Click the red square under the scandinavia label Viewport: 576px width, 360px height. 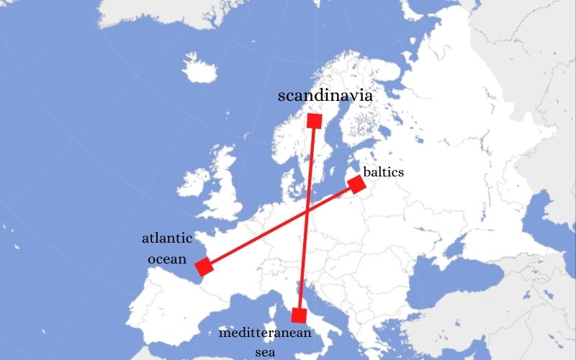tap(314, 120)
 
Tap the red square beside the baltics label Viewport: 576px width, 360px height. tap(356, 184)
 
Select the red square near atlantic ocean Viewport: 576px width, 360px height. tap(204, 266)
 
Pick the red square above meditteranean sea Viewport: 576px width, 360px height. tap(300, 315)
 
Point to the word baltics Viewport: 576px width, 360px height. tap(383, 172)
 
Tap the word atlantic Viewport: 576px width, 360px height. tap(167, 238)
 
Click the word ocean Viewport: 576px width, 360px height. tap(167, 258)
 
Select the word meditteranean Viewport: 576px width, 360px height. tap(265, 333)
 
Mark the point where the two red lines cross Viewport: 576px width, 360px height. tap(308, 210)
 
